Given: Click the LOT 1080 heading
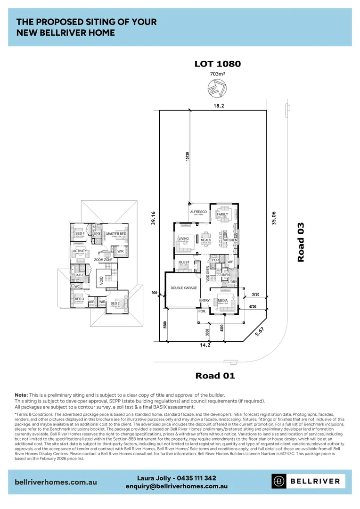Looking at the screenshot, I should pos(218,64).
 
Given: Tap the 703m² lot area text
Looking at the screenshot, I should pos(218,74).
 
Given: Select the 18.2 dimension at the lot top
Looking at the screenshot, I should pos(218,107).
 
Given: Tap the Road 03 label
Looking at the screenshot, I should pos(301,242).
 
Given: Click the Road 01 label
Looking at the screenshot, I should pos(215,376).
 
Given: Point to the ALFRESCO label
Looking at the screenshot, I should pos(198,212).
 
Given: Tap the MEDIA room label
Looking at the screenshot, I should pos(223,300).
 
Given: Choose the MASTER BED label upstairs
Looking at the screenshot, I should pos(116,234).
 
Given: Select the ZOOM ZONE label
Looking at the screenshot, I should pos(103,260).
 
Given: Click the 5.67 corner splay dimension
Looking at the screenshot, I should pos(257,333).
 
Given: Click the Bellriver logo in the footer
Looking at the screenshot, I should pos(309,481).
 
